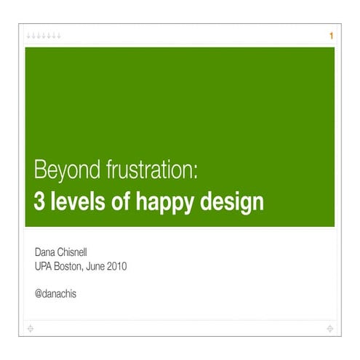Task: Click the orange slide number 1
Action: point(331,36)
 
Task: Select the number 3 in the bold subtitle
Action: point(39,201)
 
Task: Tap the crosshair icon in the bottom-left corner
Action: point(29,329)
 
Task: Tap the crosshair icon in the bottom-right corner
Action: point(330,329)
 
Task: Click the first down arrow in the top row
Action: point(29,36)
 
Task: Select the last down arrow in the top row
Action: point(58,36)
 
